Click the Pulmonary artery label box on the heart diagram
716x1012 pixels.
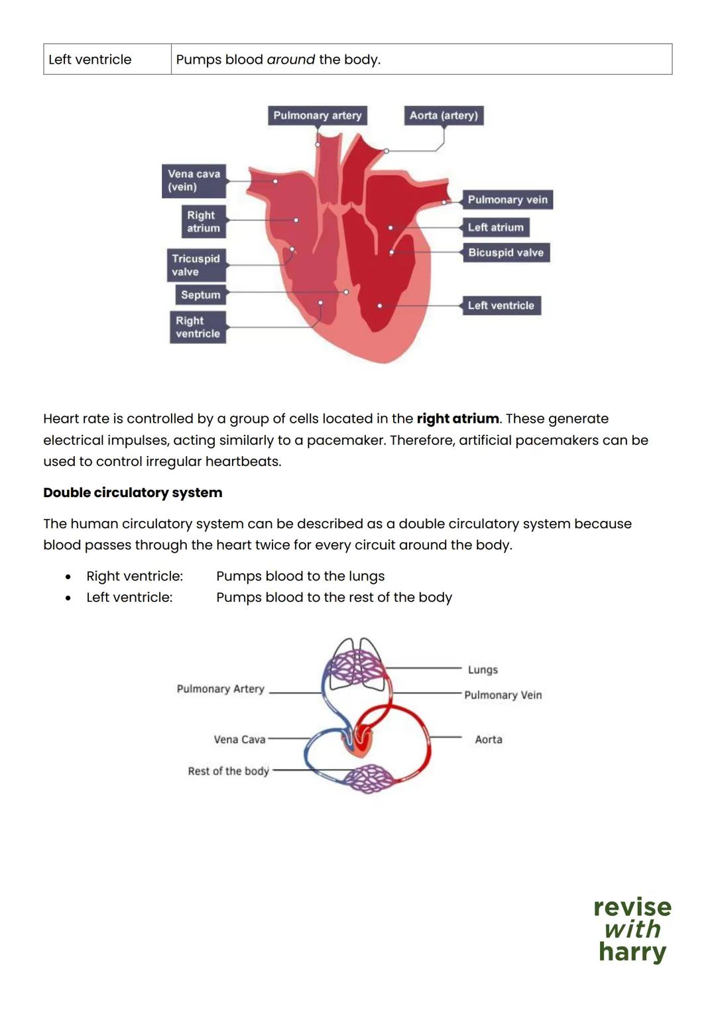pos(318,115)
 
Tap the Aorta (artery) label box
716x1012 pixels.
pos(444,115)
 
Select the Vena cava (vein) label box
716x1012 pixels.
pos(194,180)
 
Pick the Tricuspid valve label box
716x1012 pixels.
pos(196,265)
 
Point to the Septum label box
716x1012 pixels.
pos(200,295)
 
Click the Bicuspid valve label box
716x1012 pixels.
pos(506,253)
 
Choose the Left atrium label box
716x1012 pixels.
pos(495,227)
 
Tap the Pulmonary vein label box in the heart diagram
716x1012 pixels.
pos(507,199)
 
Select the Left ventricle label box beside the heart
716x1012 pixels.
pos(501,306)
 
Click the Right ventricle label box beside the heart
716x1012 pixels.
pos(198,327)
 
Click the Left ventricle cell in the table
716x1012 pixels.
pos(90,60)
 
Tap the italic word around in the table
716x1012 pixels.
pos(290,60)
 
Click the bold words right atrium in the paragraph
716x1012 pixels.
pos(457,419)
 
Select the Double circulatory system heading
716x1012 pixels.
pos(133,492)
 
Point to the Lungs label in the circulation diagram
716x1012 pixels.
pos(483,670)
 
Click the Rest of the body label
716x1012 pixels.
pos(228,771)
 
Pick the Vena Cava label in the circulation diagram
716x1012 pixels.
pos(239,740)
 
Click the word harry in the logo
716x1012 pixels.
pos(632,952)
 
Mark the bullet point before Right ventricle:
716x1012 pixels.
pos(68,577)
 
